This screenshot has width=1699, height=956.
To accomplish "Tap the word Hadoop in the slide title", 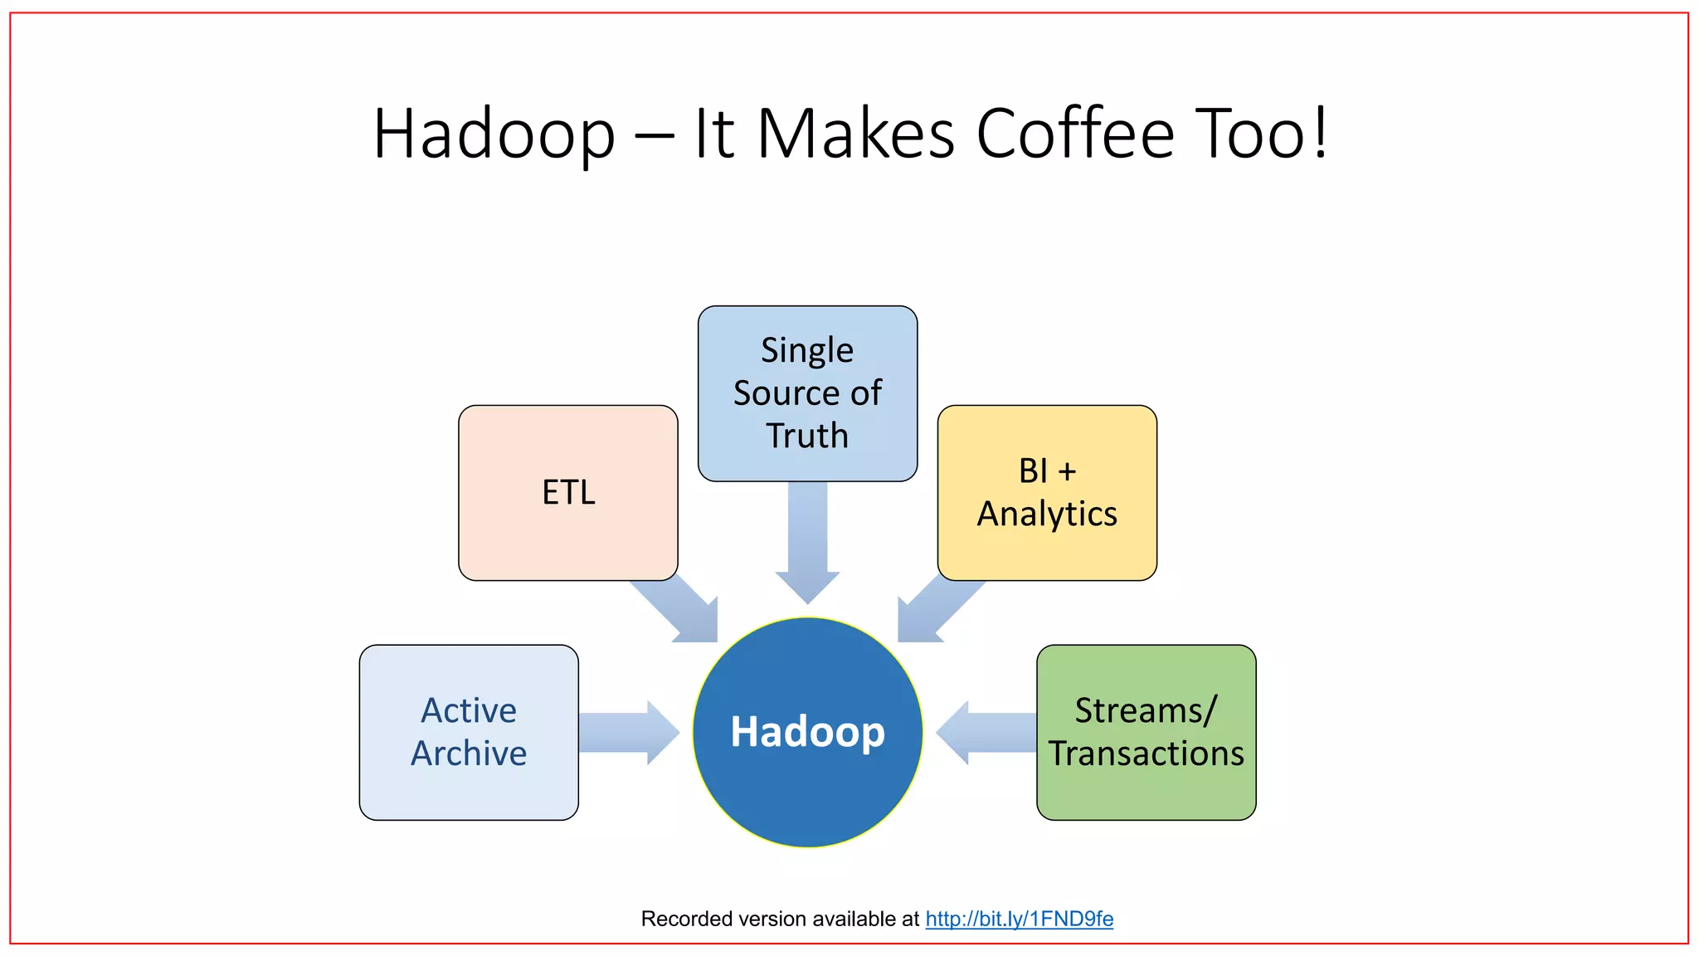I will click(494, 134).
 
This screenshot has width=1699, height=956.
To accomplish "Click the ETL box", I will click(567, 493).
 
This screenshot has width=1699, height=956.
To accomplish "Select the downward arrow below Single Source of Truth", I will click(807, 539).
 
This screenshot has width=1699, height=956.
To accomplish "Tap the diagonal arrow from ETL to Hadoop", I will click(680, 609).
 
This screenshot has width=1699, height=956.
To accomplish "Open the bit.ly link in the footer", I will click(1019, 919).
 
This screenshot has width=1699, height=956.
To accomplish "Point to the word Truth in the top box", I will click(807, 436).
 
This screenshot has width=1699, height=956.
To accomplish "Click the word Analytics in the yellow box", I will click(1047, 514).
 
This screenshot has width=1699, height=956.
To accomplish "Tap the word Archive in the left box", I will click(469, 754).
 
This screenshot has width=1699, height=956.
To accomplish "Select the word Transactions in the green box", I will click(1146, 754).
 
